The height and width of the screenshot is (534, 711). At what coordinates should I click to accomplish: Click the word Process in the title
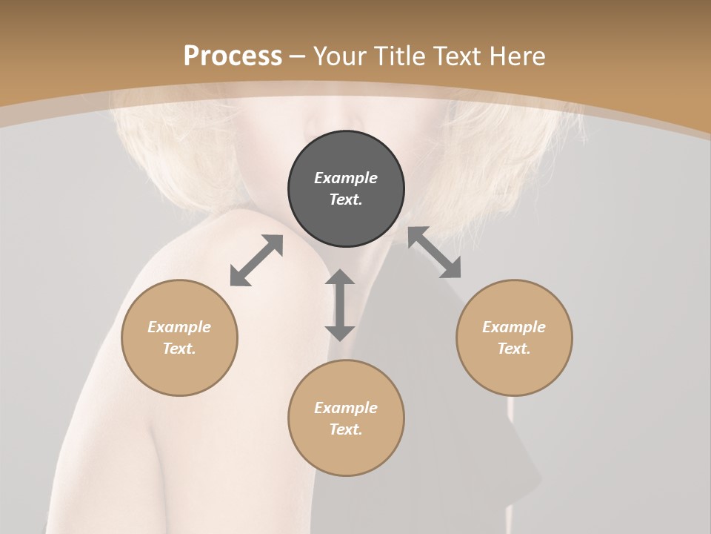coord(233,56)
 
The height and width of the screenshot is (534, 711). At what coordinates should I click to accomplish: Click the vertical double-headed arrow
coord(340,305)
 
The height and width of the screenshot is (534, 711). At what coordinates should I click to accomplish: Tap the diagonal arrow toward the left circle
coord(256,260)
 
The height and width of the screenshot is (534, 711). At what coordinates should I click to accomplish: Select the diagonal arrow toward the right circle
coord(435,252)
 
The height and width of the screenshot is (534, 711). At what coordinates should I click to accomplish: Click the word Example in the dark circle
coord(346,178)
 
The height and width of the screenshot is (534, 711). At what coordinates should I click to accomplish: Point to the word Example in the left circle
coord(179,327)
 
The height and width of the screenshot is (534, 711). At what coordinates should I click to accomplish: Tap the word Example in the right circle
coord(514,327)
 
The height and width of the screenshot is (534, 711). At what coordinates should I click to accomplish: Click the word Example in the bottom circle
coord(346,408)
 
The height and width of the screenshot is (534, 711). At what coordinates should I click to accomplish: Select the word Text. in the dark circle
coord(346,200)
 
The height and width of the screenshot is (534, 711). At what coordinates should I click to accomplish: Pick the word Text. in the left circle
coord(179,349)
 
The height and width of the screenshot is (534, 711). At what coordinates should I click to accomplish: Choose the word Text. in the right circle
coord(514,349)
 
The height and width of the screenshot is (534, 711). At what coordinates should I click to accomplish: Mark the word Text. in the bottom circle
coord(346,429)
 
